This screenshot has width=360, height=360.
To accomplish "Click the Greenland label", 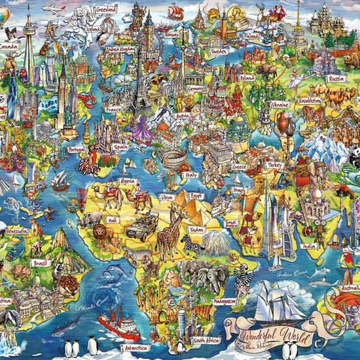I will (x=105, y=11).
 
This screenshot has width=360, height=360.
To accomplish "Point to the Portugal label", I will (x=77, y=149).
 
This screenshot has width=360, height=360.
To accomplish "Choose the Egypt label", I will (x=197, y=196).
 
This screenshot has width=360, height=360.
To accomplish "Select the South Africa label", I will (x=206, y=340).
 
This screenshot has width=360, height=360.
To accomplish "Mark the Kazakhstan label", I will (x=310, y=101).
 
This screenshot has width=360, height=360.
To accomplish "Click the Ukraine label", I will (x=279, y=104).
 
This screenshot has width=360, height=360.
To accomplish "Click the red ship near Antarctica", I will (x=118, y=323).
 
